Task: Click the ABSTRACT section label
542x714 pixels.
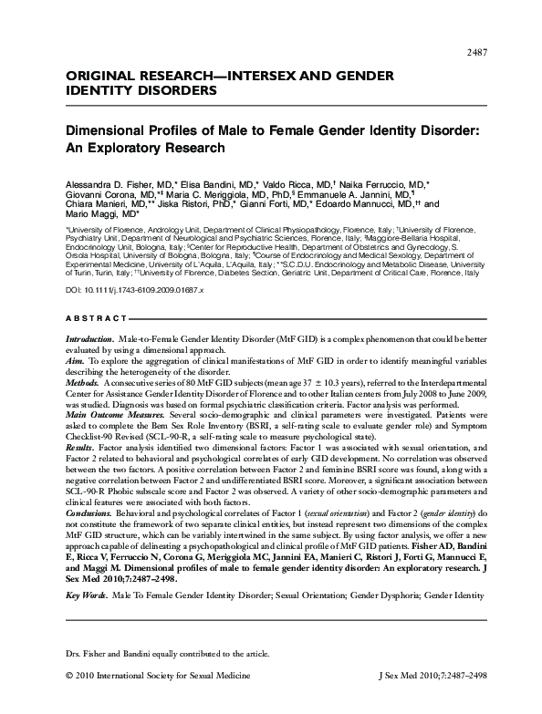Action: (97, 318)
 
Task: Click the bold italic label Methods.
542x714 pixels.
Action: (82, 389)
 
